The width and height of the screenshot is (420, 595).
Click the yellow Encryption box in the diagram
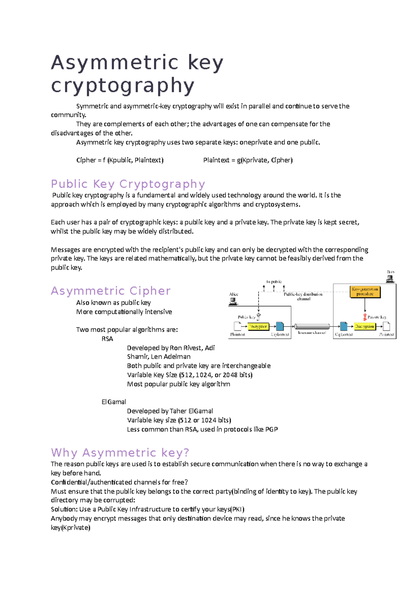(x=258, y=327)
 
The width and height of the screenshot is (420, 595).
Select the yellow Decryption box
(x=364, y=327)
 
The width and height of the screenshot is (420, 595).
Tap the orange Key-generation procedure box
(x=365, y=292)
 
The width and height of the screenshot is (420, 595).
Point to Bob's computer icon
(x=390, y=279)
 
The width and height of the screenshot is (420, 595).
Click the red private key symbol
(x=365, y=317)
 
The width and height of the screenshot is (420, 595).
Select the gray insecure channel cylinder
(x=312, y=327)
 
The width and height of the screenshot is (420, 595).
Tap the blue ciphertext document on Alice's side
(x=280, y=326)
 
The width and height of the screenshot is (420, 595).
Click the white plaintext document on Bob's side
(x=386, y=326)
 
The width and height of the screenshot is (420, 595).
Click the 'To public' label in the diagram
(x=274, y=282)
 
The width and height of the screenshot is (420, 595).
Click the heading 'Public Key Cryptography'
(x=128, y=184)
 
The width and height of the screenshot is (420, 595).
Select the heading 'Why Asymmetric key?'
(x=120, y=453)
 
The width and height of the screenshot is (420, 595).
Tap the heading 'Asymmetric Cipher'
(x=111, y=291)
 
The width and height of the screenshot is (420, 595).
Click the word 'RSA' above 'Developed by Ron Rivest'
(x=107, y=339)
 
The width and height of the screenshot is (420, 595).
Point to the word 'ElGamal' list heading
(x=113, y=402)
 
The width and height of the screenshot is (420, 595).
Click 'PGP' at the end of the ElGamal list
(x=271, y=429)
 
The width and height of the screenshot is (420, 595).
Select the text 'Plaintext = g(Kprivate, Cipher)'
(x=248, y=160)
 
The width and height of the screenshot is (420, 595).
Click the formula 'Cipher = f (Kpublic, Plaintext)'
(x=120, y=160)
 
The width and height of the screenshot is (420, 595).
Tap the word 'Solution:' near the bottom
(x=64, y=509)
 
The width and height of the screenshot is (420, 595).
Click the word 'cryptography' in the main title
(x=122, y=86)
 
